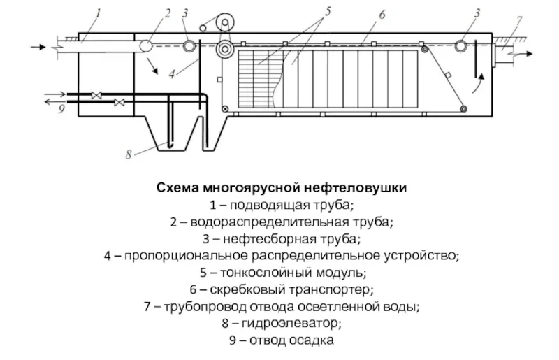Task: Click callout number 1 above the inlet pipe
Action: (x=99, y=12)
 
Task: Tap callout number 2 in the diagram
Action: (x=167, y=12)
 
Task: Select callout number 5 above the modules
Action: (x=328, y=10)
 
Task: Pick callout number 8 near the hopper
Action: (x=128, y=154)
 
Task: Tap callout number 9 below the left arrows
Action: (x=61, y=110)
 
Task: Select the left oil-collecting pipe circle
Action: (x=189, y=47)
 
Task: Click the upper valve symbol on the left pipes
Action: (x=97, y=94)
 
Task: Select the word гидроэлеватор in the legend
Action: (x=291, y=323)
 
